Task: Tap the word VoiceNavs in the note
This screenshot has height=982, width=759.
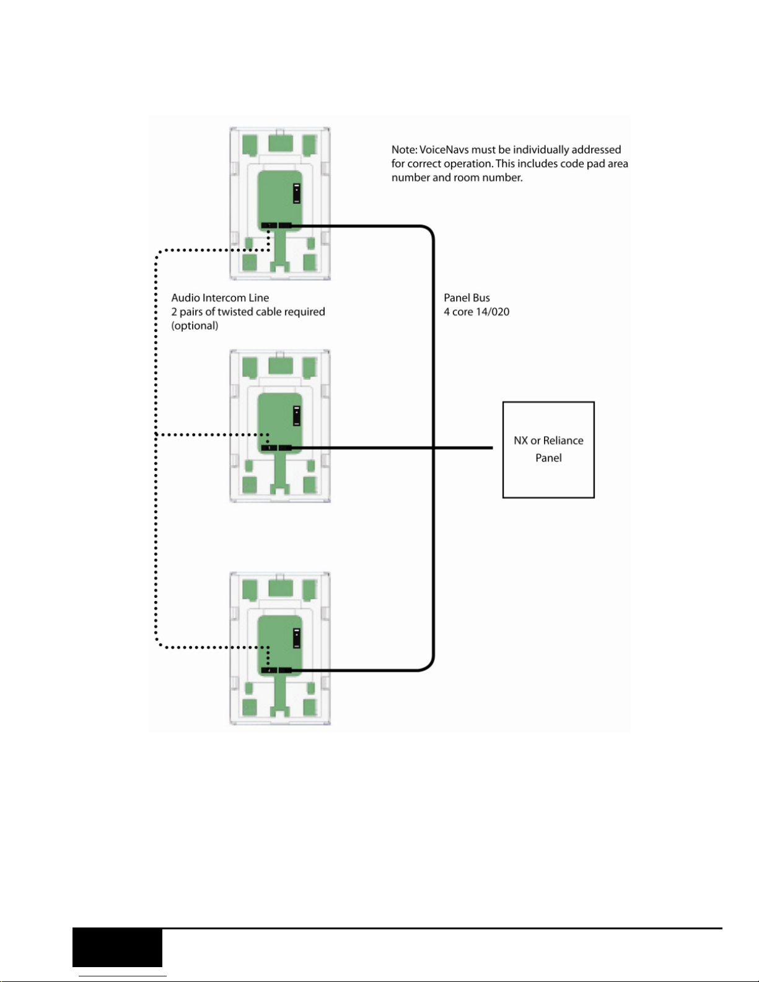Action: (x=444, y=149)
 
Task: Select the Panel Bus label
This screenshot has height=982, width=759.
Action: (x=467, y=298)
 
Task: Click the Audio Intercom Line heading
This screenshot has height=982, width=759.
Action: (x=220, y=298)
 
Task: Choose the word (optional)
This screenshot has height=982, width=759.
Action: (x=195, y=326)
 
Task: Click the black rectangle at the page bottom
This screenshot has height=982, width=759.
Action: (x=118, y=948)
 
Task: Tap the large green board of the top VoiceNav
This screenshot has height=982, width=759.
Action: (x=279, y=201)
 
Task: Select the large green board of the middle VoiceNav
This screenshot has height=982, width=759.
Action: (x=279, y=423)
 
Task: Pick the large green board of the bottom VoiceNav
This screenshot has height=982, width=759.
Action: (x=279, y=646)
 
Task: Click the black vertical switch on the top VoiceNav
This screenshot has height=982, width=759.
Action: (x=297, y=193)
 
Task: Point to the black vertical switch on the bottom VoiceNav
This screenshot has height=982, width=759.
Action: (x=297, y=638)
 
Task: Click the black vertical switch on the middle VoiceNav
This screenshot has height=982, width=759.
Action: (x=297, y=416)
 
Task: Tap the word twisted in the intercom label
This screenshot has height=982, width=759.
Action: (x=234, y=312)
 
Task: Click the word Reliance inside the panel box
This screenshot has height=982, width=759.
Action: (x=563, y=441)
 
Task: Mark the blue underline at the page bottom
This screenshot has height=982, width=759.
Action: (x=123, y=976)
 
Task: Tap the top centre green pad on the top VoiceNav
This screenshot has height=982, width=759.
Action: (x=281, y=143)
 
